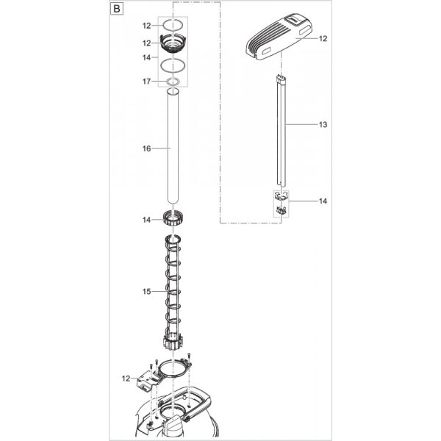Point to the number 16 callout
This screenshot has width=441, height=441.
tap(146, 148)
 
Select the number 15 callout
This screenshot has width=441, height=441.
tap(146, 292)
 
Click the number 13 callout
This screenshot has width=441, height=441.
tap(323, 125)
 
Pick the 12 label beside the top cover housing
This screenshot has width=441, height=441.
tap(323, 38)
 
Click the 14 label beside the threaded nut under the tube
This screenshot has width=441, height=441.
tap(146, 220)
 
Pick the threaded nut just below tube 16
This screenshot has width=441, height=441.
tap(175, 218)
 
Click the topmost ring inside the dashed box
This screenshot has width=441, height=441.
tap(174, 25)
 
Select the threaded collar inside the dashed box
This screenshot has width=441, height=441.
tap(174, 43)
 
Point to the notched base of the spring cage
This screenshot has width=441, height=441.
tap(175, 343)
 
